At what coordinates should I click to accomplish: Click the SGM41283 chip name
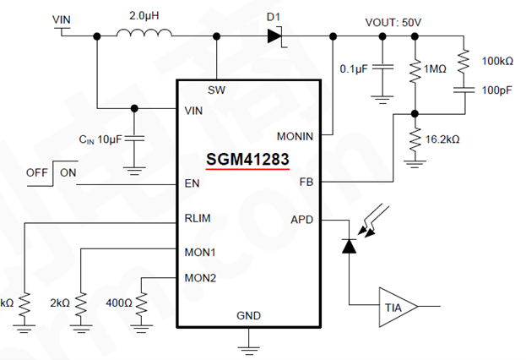247,158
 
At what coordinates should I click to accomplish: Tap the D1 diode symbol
274,35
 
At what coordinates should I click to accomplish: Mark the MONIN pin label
295,135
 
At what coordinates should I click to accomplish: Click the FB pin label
306,182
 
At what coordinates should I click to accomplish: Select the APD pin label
301,218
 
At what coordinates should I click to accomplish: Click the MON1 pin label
199,251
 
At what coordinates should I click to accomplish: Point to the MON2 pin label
199,277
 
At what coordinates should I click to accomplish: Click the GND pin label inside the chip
248,315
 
